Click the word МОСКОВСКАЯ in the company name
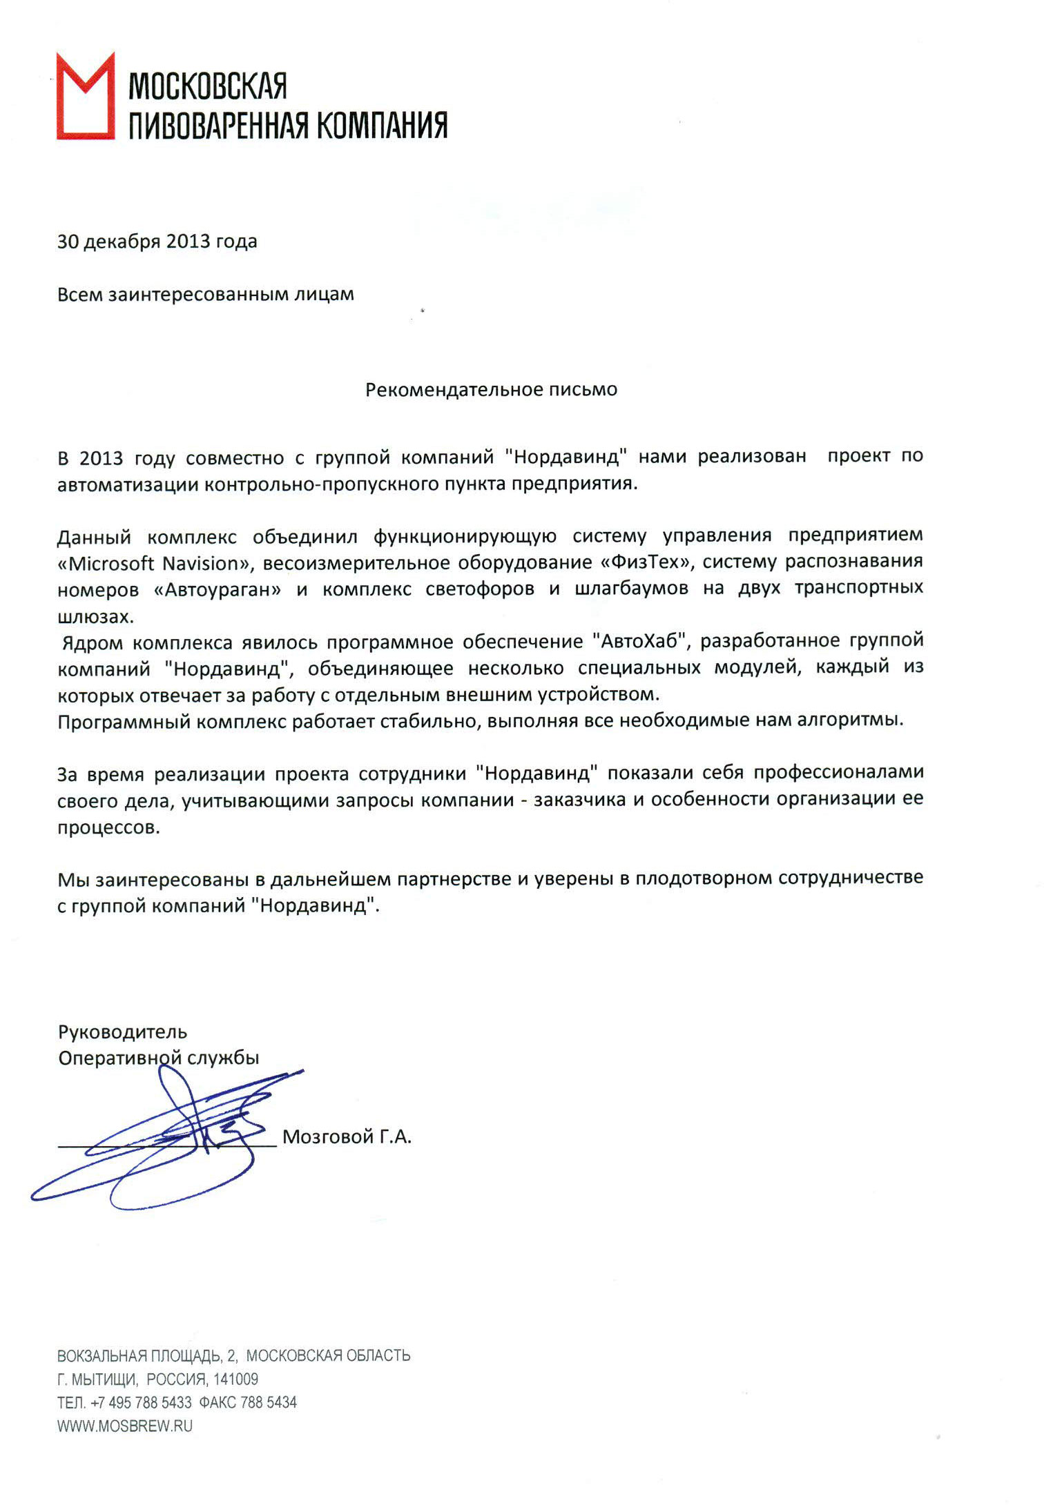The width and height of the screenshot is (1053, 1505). pyautogui.click(x=208, y=86)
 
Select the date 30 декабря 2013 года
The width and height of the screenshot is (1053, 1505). pyautogui.click(x=157, y=242)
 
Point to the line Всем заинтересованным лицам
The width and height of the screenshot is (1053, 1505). pyautogui.click(x=205, y=295)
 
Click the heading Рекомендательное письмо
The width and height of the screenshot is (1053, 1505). pyautogui.click(x=491, y=390)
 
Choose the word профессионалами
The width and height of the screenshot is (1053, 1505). pyautogui.click(x=838, y=774)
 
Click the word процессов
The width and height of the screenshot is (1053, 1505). pyautogui.click(x=108, y=827)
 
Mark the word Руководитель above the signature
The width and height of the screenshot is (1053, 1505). pyautogui.click(x=122, y=1032)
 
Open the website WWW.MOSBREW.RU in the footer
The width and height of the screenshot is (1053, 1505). pyautogui.click(x=124, y=1426)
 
